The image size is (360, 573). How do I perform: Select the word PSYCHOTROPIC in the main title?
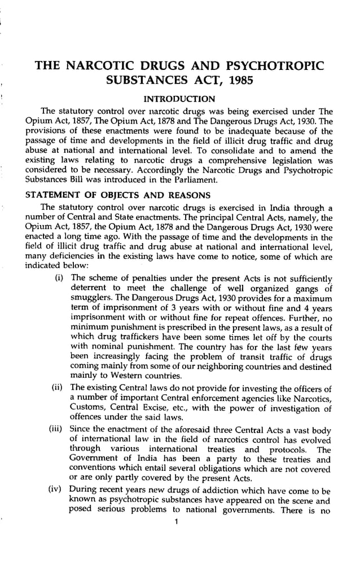275,65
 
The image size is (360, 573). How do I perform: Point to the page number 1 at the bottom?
177,521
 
